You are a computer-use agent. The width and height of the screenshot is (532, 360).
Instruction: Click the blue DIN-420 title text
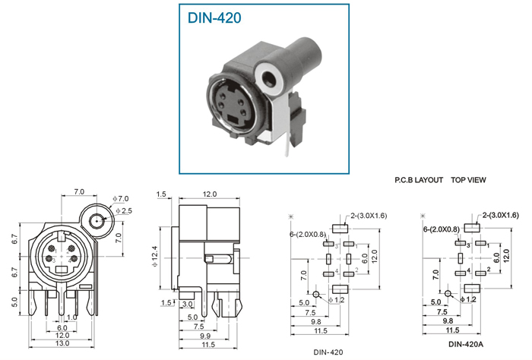coord(214,18)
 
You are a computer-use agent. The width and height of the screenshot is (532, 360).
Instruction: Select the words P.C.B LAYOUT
coord(419,180)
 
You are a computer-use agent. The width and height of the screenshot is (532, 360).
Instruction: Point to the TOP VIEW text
coord(468,180)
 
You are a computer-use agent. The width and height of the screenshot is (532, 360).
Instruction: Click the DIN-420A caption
coord(466,344)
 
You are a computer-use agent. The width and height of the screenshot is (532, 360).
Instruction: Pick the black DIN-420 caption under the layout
coord(328,352)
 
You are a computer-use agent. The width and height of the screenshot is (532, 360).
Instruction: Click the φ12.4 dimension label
coord(155,256)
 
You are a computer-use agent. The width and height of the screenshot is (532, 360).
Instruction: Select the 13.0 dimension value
coord(62,343)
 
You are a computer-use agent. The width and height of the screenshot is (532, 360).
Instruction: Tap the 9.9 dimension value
coord(205,336)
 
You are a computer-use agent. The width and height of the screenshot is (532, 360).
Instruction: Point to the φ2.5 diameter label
coord(124,211)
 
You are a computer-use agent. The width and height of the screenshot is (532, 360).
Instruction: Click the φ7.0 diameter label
coord(121,199)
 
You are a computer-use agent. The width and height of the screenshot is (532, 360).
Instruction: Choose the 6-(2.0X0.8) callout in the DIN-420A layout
coord(442,229)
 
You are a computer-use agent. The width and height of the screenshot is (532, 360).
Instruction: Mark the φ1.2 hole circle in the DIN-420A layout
coord(448,294)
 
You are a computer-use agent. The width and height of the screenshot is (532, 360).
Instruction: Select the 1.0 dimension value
coord(72,317)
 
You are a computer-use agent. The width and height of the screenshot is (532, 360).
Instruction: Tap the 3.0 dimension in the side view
coord(187,304)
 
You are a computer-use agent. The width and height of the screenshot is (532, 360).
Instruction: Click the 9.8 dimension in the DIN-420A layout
coord(448,321)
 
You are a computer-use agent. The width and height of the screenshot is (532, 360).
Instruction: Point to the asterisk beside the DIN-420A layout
coord(423,216)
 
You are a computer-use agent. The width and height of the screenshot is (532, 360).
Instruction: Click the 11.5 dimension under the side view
coord(208,344)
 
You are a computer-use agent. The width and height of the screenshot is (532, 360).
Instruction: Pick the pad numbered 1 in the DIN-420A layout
coord(481,243)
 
